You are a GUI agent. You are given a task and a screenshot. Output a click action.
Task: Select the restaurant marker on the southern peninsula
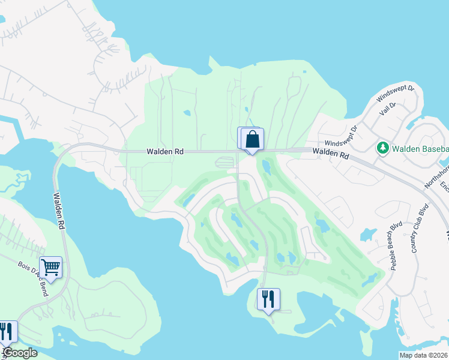[268, 298]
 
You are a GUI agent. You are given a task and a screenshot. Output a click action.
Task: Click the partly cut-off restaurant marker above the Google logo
[6, 332]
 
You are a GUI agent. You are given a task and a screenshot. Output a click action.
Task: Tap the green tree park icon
[381, 148]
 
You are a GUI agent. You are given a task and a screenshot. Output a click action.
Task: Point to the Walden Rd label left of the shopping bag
[165, 152]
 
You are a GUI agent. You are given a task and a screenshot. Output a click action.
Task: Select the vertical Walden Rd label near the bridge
[58, 210]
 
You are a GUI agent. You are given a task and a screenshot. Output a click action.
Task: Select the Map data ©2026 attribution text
[424, 355]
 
